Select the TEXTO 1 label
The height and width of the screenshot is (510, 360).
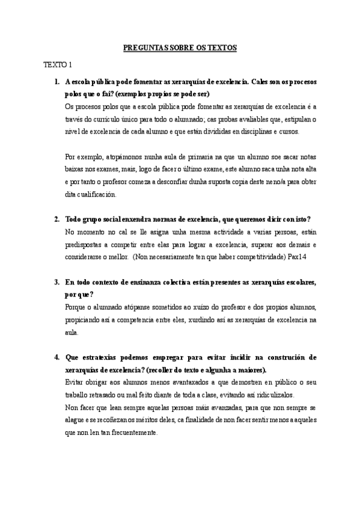(57, 64)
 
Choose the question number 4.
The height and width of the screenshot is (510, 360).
(56, 357)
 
